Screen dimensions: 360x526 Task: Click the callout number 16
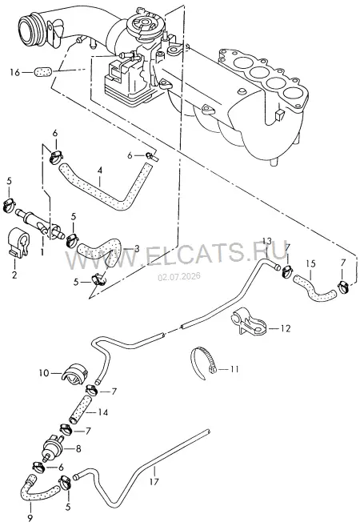coord(14,72)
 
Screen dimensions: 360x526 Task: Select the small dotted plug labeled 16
coord(43,71)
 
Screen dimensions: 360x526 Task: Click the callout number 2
coord(14,275)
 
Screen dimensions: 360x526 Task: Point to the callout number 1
coord(42,251)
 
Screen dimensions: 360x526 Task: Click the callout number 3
coord(137,249)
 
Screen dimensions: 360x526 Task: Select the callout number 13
coord(267,241)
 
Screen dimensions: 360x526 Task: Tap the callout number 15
coord(310,263)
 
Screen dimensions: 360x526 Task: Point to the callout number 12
coord(286,328)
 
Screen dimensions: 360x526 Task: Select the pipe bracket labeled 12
coord(248,321)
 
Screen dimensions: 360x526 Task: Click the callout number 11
coord(234,369)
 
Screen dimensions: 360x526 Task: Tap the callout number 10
coord(44,373)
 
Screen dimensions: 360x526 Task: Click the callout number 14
coord(103,412)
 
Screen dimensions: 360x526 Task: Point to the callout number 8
coord(78,448)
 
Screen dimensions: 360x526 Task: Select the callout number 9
coord(30,517)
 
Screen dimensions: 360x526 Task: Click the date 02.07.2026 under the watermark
coord(179,276)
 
